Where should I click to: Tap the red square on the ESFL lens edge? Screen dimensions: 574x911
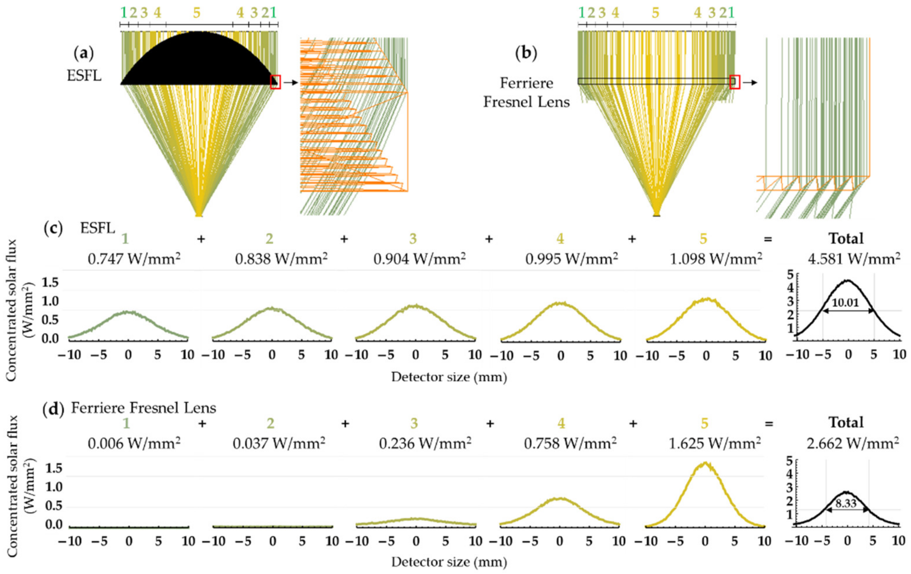point(275,82)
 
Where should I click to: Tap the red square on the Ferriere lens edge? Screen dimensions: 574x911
point(735,82)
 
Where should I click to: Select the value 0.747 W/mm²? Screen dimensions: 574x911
point(134,259)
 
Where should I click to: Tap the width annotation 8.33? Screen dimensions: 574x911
point(847,504)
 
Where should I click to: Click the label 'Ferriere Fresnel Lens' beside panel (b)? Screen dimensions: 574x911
point(526,92)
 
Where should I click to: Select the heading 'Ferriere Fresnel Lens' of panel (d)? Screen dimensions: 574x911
point(144,408)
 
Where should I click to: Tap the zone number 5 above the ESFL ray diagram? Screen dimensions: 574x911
point(196,13)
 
